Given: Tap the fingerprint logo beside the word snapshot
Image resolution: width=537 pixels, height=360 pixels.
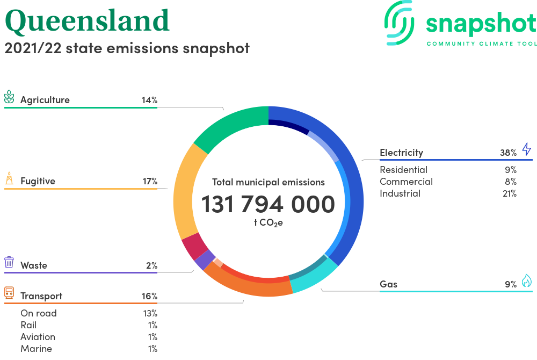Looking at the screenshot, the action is pyautogui.click(x=399, y=23).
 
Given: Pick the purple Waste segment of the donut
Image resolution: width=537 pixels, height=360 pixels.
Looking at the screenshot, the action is pyautogui.click(x=205, y=260).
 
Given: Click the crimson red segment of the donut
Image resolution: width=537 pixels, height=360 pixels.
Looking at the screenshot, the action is pyautogui.click(x=194, y=246).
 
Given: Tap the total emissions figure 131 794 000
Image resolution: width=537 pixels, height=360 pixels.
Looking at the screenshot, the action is pyautogui.click(x=268, y=204).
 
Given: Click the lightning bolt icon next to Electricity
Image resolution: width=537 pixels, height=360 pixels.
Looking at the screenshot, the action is pyautogui.click(x=526, y=149).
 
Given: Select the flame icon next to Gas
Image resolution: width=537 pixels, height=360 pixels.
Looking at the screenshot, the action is pyautogui.click(x=527, y=280).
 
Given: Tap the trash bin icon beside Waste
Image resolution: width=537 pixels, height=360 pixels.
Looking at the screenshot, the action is pyautogui.click(x=9, y=262).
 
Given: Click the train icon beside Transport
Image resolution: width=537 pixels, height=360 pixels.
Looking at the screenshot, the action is pyautogui.click(x=9, y=293).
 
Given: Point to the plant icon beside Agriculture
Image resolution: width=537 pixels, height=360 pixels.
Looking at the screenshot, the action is pyautogui.click(x=9, y=97).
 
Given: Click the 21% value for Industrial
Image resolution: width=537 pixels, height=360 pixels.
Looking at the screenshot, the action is pyautogui.click(x=510, y=193).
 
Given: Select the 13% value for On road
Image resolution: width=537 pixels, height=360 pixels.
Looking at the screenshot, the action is pyautogui.click(x=150, y=313).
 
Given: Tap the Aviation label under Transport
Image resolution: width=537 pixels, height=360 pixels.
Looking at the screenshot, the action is pyautogui.click(x=38, y=337).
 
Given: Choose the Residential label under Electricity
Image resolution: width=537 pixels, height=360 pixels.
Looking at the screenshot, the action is pyautogui.click(x=403, y=170).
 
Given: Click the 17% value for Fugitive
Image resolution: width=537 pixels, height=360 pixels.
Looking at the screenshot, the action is pyautogui.click(x=150, y=181).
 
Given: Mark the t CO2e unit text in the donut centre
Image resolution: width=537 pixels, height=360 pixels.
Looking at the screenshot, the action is pyautogui.click(x=268, y=223).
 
